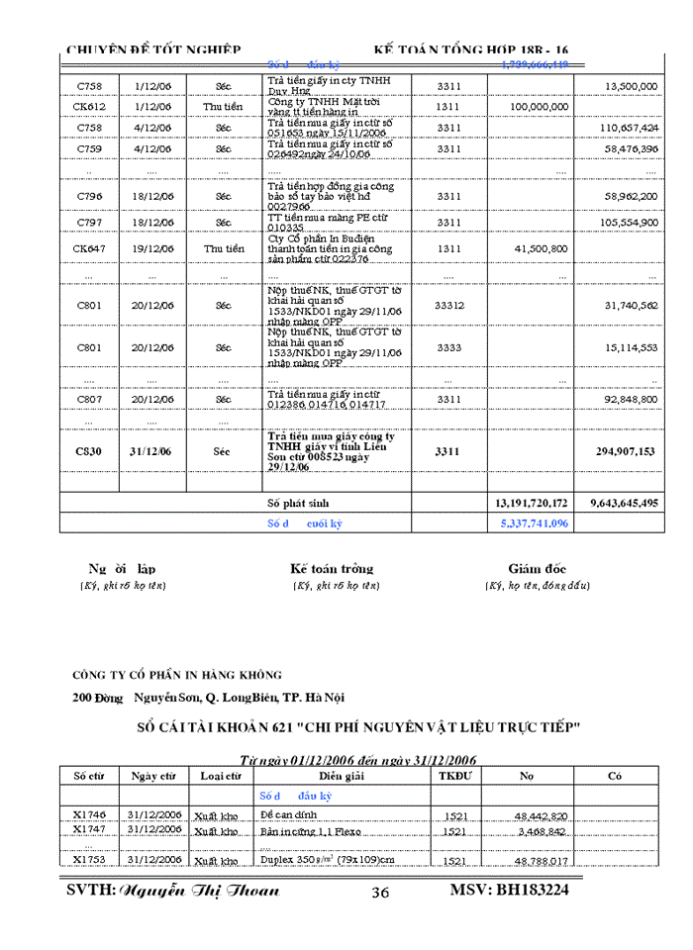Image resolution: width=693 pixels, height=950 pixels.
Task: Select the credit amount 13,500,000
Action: pyautogui.click(x=631, y=86)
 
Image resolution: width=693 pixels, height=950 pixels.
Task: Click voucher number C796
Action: pyautogui.click(x=89, y=197)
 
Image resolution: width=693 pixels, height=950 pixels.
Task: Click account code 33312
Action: pyautogui.click(x=448, y=306)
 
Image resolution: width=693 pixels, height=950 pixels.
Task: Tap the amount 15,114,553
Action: pyautogui.click(x=631, y=347)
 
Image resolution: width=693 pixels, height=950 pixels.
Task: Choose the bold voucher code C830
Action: pyautogui.click(x=89, y=451)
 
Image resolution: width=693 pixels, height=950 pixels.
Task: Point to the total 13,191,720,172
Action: pyautogui.click(x=532, y=503)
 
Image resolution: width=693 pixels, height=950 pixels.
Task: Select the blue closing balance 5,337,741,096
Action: pyautogui.click(x=532, y=522)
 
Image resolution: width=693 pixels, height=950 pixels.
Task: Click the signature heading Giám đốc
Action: pyautogui.click(x=537, y=569)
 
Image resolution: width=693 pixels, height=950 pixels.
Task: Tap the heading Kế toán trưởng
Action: pyautogui.click(x=332, y=569)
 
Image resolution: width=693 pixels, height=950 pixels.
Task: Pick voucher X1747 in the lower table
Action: pyautogui.click(x=89, y=829)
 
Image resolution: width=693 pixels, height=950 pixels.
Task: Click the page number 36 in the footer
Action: pyautogui.click(x=380, y=893)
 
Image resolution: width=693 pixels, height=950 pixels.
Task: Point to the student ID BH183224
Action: pyautogui.click(x=509, y=890)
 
